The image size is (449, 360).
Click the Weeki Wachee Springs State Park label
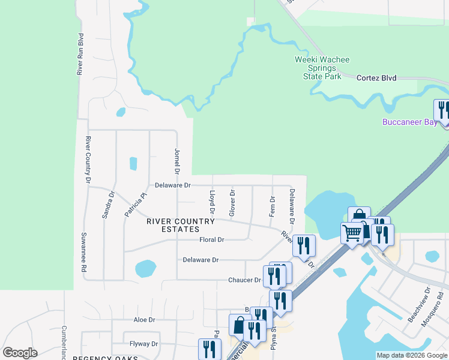322,68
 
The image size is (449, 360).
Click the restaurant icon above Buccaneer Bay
443,110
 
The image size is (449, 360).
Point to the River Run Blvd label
80,54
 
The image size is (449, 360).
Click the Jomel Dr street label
177,161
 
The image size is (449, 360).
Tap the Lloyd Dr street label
211,202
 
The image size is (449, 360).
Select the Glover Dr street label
232,203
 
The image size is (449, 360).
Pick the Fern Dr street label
273,206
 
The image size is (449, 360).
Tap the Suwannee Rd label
84,253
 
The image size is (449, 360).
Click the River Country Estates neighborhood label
181,226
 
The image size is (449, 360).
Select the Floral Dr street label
211,239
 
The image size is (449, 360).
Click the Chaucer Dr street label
244,280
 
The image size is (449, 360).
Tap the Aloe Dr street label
144,320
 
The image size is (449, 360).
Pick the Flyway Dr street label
143,344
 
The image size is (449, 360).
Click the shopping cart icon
351,232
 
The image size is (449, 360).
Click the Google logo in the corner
20,353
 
